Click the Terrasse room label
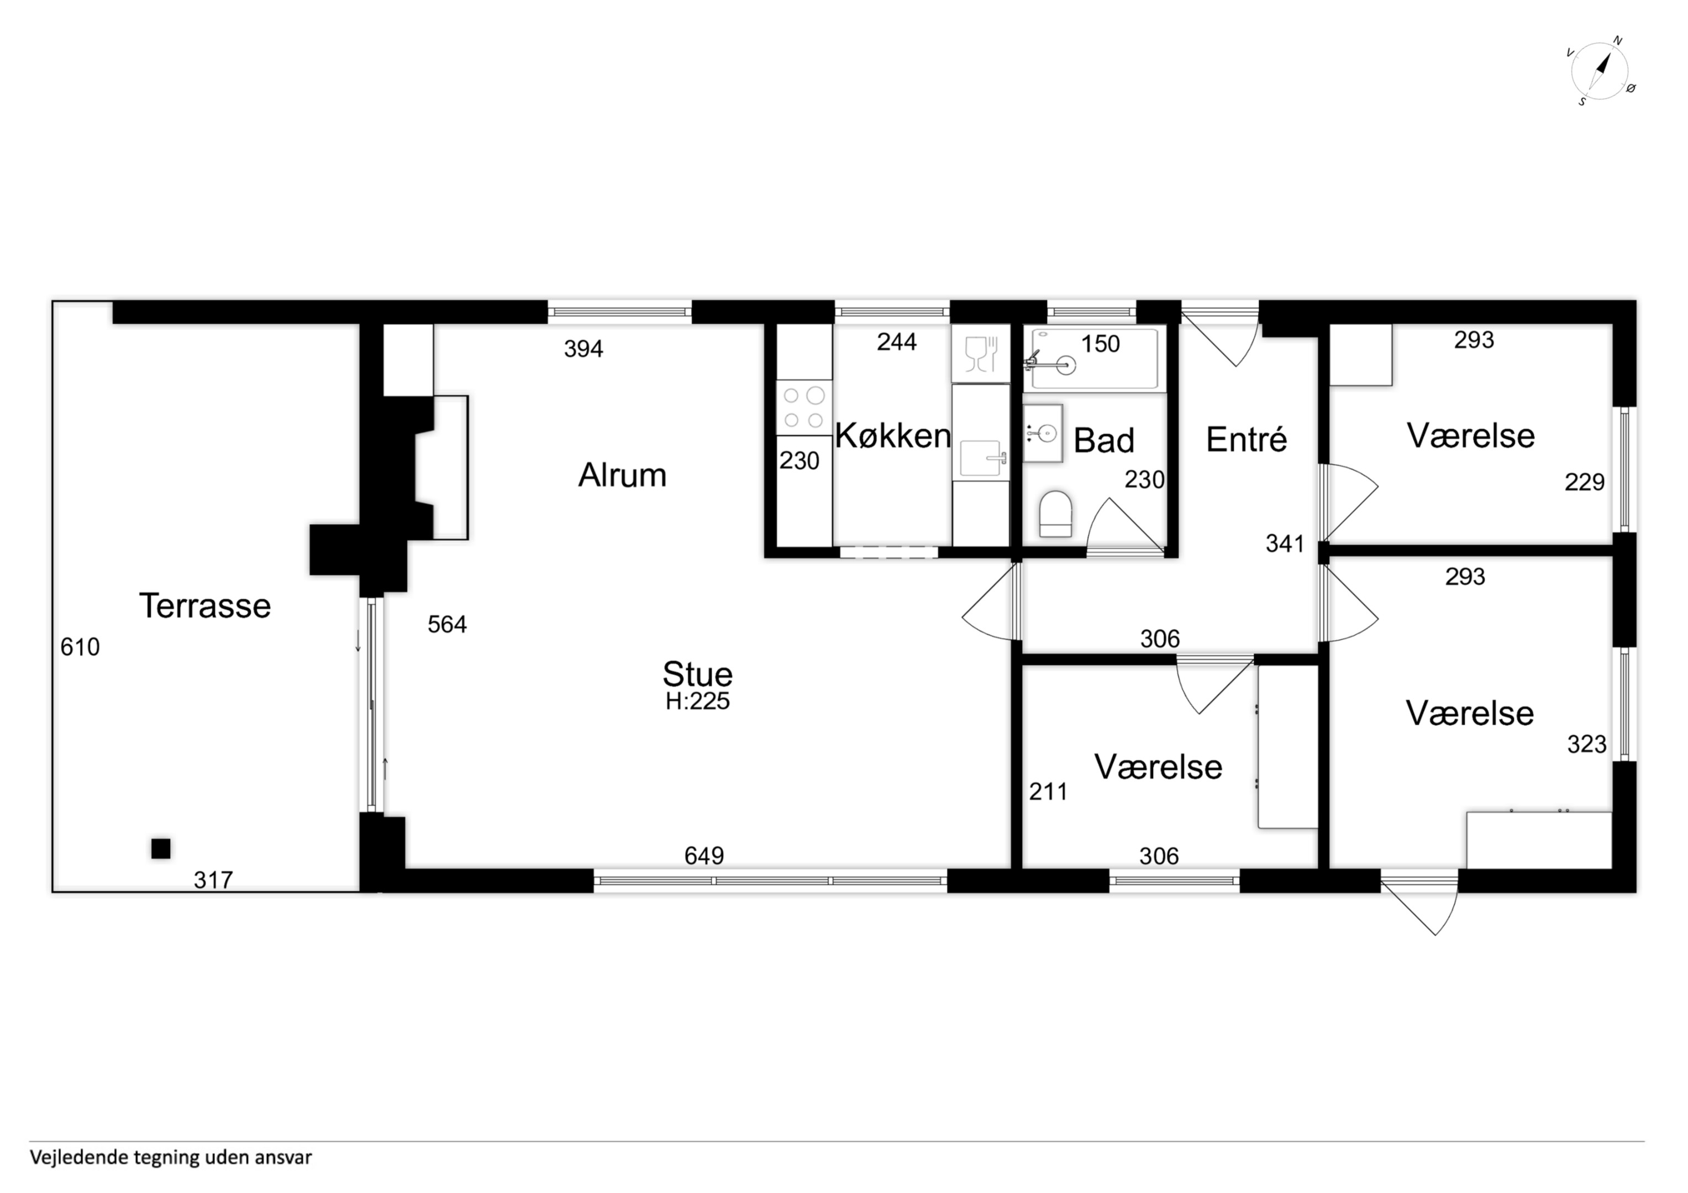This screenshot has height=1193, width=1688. pos(205,606)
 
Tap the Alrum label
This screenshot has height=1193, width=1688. pos(622,475)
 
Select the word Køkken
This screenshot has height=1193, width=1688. pos(893,436)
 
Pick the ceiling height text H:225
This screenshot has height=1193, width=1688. pos(698,701)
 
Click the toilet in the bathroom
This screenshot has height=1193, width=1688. pos(1056,514)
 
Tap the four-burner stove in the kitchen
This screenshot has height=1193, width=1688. pos(803,407)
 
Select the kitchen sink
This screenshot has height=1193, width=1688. pos(981,458)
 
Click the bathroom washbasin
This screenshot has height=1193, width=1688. pos(1043,434)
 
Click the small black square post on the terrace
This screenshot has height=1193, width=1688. pos(161,848)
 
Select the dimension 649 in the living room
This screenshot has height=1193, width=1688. pos(704,856)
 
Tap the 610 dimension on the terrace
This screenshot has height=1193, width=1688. pos(80,647)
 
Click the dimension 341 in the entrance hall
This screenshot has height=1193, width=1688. pos(1285,543)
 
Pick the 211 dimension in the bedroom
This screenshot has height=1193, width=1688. pos(1048,791)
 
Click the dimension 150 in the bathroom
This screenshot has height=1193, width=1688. pos(1101,344)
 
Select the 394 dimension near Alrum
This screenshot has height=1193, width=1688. pos(583,349)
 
